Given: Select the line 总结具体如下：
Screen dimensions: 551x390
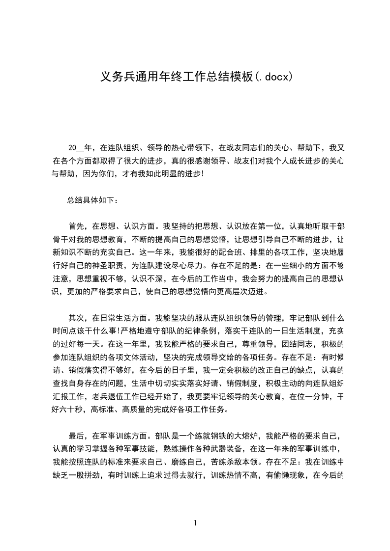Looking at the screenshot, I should pos(93,200).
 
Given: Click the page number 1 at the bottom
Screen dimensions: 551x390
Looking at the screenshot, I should pos(195,523).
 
